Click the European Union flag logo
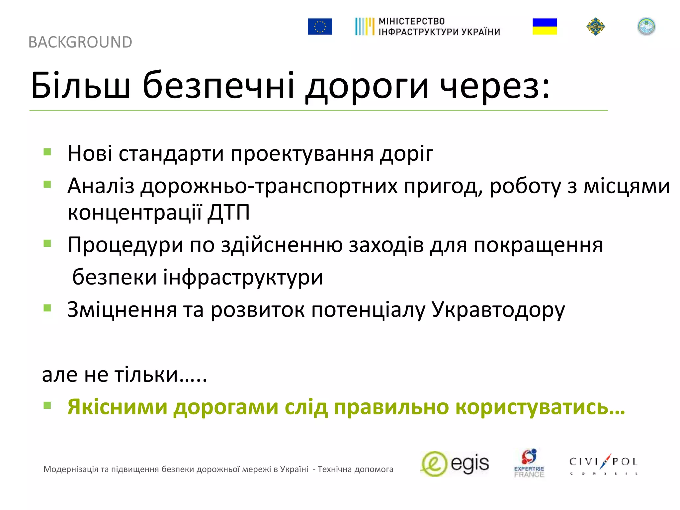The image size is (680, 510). (319, 27)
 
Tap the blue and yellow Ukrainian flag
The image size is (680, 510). (545, 27)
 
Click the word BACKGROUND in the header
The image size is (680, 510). (80, 42)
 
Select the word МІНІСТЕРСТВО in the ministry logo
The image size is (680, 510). (411, 22)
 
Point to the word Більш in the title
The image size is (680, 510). (80, 85)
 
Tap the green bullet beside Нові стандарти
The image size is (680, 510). (47, 152)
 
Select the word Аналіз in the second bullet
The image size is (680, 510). (101, 186)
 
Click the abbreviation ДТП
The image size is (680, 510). (229, 212)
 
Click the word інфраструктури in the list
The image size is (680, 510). (243, 277)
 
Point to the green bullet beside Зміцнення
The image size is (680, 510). (47, 308)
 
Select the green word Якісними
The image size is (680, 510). (117, 407)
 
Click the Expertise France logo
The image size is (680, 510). (529, 464)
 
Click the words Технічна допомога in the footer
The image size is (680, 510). (355, 469)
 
